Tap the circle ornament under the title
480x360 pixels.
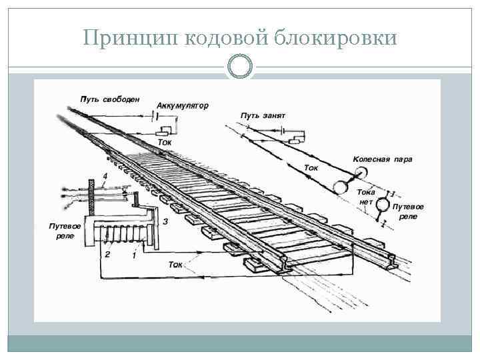pos(239,67)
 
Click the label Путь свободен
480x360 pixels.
pos(109,99)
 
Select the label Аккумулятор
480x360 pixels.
pos(182,105)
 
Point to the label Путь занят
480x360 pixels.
pos(263,115)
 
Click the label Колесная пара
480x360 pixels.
pos(382,159)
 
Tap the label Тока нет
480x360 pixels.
pos(367,197)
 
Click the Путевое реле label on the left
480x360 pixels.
pos(65,231)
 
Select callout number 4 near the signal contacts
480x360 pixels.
pos(105,175)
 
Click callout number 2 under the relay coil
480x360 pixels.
pos(106,255)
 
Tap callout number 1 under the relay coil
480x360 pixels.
pos(135,255)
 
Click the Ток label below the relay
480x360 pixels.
pos(175,265)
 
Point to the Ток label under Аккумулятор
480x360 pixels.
pos(164,143)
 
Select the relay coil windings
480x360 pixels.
pos(123,235)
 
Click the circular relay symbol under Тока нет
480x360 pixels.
pos(383,205)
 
